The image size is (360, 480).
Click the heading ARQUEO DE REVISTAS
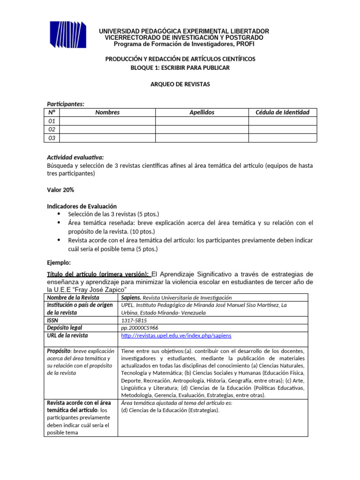pyautogui.click(x=180, y=84)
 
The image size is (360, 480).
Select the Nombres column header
pyautogui.click(x=107, y=112)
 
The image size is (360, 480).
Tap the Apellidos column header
pyautogui.click(x=202, y=112)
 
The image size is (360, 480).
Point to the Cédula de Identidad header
pyautogui.click(x=282, y=112)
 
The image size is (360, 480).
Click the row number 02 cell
pyautogui.click(x=52, y=129)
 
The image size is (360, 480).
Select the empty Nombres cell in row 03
pyautogui.click(x=107, y=138)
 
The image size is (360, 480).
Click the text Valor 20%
pyautogui.click(x=60, y=189)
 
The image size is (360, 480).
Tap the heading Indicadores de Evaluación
pyautogui.click(x=82, y=206)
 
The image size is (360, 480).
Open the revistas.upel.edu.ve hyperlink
pyautogui.click(x=176, y=336)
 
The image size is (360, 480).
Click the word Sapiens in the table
pyautogui.click(x=131, y=298)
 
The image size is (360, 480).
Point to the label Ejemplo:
pyautogui.click(x=59, y=263)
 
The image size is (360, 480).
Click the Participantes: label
pyautogui.click(x=66, y=104)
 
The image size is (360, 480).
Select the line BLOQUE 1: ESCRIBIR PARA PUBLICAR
pyautogui.click(x=180, y=68)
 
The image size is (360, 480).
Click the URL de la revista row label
pyautogui.click(x=67, y=336)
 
